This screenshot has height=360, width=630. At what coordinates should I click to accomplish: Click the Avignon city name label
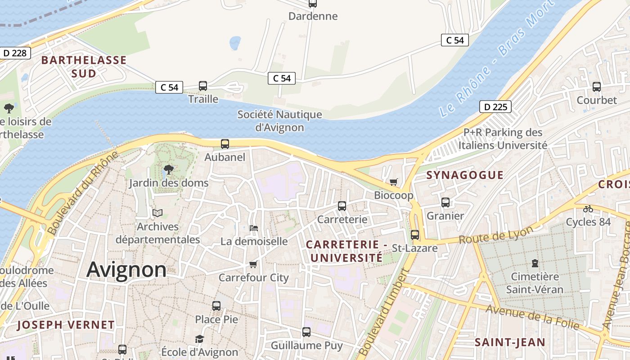tap(126, 270)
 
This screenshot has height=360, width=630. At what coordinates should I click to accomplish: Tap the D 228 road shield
tap(15, 53)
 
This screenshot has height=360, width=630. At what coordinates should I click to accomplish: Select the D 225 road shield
tap(495, 107)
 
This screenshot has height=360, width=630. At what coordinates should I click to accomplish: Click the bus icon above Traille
tap(203, 85)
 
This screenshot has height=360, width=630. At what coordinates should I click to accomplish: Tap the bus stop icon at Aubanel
tap(225, 144)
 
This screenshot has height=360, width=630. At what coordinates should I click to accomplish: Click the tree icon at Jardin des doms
tap(169, 170)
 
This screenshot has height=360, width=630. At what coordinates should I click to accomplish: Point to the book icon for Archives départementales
tap(157, 213)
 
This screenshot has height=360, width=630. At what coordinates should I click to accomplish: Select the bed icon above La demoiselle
tap(254, 228)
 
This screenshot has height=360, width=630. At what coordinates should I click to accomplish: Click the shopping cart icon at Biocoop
tap(394, 182)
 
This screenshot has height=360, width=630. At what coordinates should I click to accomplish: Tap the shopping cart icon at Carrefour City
tap(253, 264)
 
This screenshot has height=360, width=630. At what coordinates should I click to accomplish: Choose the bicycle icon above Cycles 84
tap(588, 208)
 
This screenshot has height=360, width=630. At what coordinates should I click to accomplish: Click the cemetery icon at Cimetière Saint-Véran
tap(535, 263)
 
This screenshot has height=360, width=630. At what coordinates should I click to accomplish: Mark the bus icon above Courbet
tap(597, 86)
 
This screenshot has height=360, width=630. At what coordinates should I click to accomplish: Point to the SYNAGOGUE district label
tap(465, 175)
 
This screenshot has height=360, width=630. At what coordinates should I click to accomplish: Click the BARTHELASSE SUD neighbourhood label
tap(84, 67)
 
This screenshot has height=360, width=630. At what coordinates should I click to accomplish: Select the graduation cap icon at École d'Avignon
tap(199, 339)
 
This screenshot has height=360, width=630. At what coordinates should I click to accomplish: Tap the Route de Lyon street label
tap(496, 234)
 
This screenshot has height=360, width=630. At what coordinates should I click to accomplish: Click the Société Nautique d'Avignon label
tap(279, 121)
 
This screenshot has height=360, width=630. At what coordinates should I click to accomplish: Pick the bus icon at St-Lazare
tap(415, 234)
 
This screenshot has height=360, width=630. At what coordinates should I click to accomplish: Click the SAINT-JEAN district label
tap(510, 342)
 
